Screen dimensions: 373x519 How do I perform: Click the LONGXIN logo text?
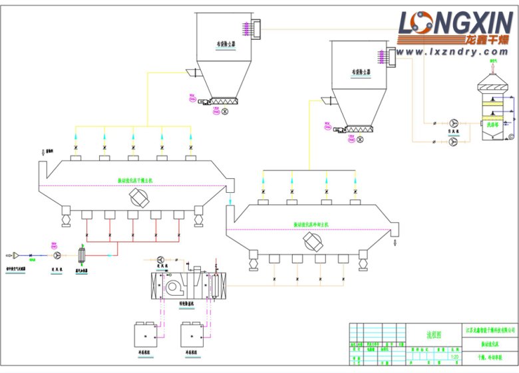(x=454, y=23)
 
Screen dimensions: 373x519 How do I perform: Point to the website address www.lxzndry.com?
(x=454, y=51)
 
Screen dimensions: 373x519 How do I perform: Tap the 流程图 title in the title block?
(x=434, y=336)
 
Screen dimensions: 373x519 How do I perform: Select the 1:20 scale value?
(x=455, y=357)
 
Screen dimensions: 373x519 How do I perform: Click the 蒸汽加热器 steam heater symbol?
(x=83, y=255)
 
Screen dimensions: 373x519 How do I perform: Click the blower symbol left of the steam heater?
(x=57, y=255)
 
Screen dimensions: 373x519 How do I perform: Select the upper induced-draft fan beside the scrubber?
(x=454, y=123)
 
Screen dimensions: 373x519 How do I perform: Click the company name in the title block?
(x=489, y=330)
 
